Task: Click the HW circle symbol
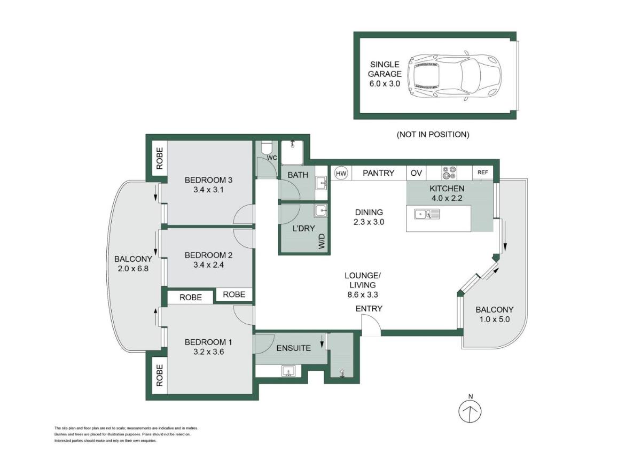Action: click(341, 173)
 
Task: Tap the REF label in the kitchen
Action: click(482, 172)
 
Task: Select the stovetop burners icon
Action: click(450, 173)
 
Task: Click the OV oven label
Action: click(416, 173)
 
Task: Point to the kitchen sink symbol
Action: click(427, 214)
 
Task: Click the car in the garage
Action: click(455, 75)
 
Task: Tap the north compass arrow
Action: click(470, 411)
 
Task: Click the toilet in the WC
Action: click(266, 148)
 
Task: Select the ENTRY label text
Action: click(369, 308)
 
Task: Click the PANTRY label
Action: click(378, 173)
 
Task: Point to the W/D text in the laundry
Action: click(322, 241)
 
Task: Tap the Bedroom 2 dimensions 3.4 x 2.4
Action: click(209, 265)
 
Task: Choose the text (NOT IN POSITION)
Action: click(433, 135)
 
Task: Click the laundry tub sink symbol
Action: click(321, 211)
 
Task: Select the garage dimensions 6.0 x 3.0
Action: click(385, 83)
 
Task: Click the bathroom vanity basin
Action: click(322, 183)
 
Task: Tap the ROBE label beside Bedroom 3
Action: click(159, 158)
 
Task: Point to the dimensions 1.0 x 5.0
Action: click(495, 319)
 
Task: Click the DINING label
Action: click(369, 212)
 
